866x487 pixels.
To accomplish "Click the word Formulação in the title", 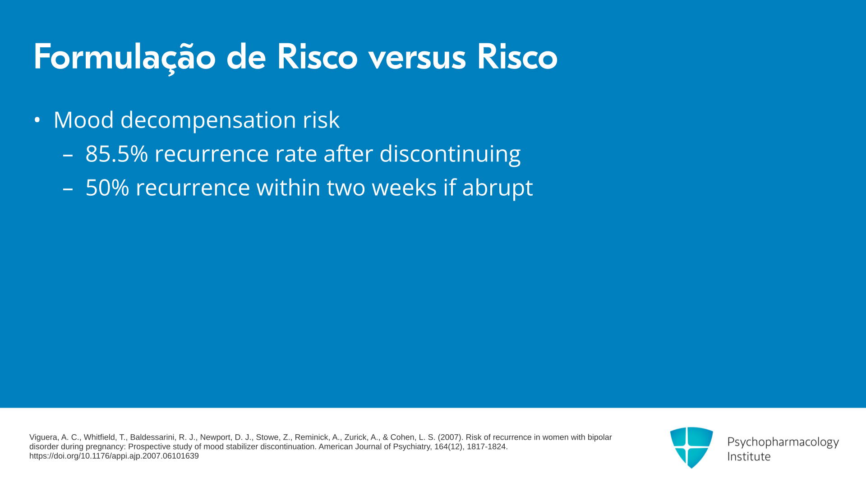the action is [124, 58].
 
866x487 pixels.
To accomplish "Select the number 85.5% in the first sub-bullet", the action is [117, 154].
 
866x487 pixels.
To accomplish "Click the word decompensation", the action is [208, 120].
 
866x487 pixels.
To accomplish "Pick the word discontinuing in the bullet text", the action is [450, 154].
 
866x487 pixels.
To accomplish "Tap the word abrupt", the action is [497, 188].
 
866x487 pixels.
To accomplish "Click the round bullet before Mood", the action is [37, 120].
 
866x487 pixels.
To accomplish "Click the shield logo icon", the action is [691, 447].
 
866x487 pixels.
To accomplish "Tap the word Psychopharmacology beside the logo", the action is [783, 442].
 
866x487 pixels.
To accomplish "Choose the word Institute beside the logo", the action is [749, 456].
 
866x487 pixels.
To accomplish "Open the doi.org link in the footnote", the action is [114, 456].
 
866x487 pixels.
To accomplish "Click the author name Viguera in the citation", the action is [43, 437].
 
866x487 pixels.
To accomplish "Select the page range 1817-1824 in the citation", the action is [486, 447].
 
